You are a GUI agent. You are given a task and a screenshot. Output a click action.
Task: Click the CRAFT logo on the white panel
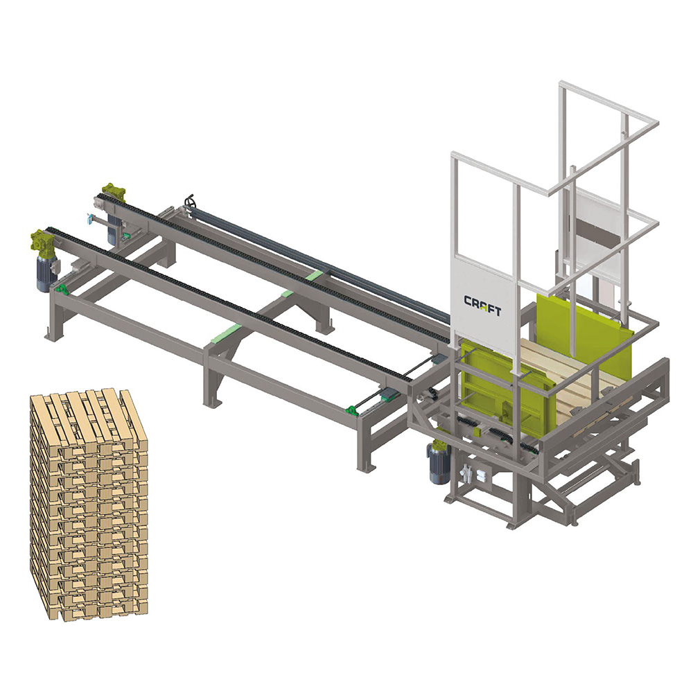point(482,306)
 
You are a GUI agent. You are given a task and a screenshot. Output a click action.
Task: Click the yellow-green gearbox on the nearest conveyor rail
point(42,241)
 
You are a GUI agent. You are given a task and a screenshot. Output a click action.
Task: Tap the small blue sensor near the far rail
point(90,219)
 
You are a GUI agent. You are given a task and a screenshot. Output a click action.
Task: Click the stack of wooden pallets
point(89,505)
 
